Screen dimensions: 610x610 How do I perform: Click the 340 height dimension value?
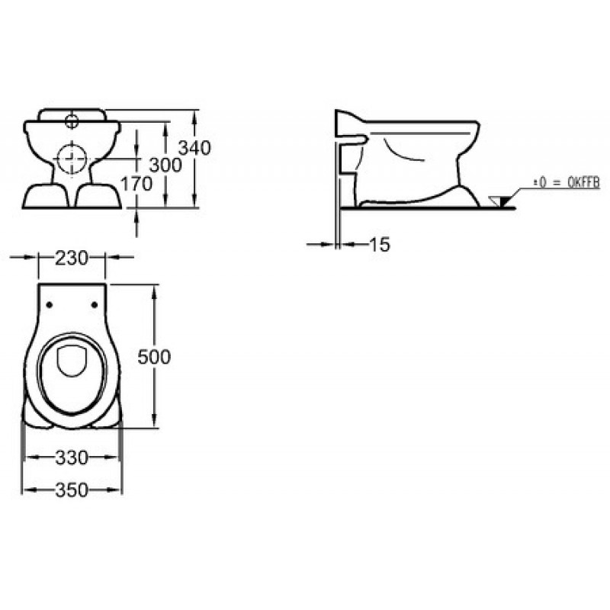pyautogui.click(x=194, y=148)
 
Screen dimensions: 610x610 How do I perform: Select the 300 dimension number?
pyautogui.click(x=165, y=165)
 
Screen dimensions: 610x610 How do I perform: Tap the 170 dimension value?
pyautogui.click(x=136, y=184)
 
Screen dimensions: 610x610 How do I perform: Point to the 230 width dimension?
pyautogui.click(x=72, y=258)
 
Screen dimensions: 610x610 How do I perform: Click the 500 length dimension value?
pyautogui.click(x=154, y=357)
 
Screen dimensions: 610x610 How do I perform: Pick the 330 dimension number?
pyautogui.click(x=72, y=458)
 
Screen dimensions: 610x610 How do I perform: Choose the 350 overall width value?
pyautogui.click(x=72, y=490)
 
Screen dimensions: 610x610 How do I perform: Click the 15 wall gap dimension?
pyautogui.click(x=379, y=245)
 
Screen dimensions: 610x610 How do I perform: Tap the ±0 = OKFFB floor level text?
pyautogui.click(x=567, y=183)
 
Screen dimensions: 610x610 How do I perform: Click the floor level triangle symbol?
pyautogui.click(x=501, y=201)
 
